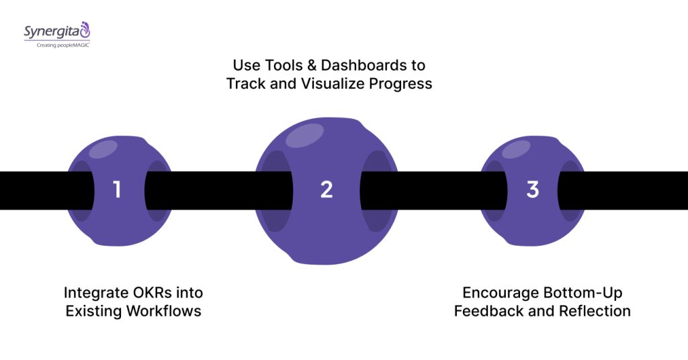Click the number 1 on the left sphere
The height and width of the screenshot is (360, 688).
[x=117, y=190]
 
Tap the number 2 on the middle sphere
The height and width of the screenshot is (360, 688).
[x=327, y=190]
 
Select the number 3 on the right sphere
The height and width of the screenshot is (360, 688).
[x=533, y=190]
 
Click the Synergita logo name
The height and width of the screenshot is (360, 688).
[x=51, y=31]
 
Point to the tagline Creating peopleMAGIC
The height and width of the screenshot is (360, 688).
[x=56, y=44]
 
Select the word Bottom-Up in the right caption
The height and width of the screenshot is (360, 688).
[x=584, y=293]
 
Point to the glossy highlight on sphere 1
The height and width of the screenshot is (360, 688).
[x=103, y=149]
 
